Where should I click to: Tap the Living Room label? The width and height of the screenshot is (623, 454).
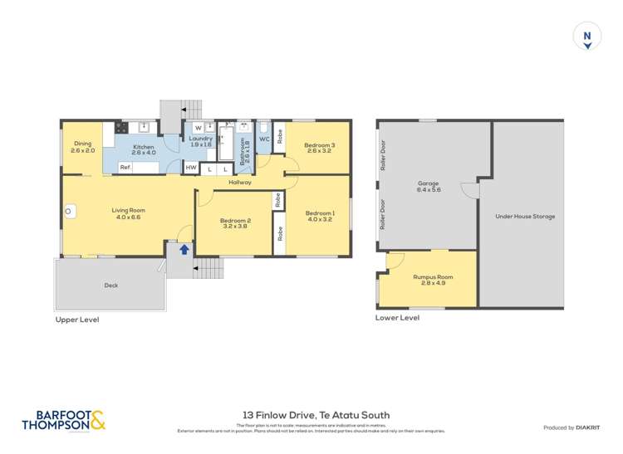[x=129, y=210]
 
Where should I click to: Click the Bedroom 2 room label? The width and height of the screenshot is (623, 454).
[x=235, y=220]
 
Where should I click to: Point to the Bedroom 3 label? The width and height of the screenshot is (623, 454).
[x=319, y=145]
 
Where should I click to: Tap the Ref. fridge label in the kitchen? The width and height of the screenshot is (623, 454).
[x=125, y=168]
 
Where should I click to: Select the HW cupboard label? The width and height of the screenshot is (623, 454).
[x=191, y=168]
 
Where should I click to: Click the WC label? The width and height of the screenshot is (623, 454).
[x=263, y=139]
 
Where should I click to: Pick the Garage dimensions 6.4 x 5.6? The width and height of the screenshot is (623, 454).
[x=429, y=190]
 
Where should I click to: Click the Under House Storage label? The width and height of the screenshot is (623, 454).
[x=525, y=217]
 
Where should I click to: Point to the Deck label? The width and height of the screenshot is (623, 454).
[x=110, y=285]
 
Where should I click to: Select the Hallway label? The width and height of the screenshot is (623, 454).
[x=239, y=182]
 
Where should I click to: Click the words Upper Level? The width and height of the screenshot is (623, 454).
[x=77, y=319]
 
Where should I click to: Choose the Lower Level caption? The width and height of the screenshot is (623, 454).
[x=397, y=317]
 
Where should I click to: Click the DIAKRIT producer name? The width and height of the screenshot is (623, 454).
[x=593, y=427]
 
